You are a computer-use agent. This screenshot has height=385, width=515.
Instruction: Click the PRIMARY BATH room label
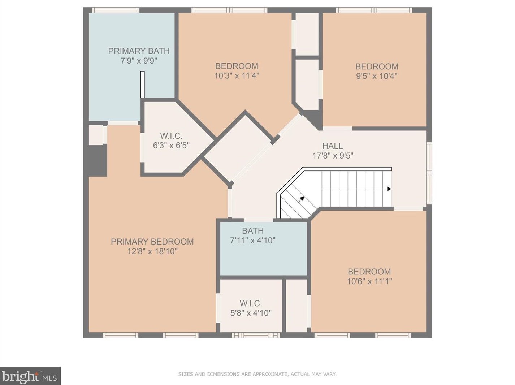139,51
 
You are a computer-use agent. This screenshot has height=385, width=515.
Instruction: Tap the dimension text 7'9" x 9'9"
139,61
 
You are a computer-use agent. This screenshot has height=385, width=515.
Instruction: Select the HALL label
333,146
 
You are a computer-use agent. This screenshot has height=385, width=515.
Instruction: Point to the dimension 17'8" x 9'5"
333,156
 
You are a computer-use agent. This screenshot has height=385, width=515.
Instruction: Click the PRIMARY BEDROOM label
152,242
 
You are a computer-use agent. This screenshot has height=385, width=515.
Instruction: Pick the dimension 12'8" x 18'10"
152,251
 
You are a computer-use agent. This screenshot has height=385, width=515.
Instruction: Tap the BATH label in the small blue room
253,231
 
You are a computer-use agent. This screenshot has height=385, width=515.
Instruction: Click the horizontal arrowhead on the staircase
389,189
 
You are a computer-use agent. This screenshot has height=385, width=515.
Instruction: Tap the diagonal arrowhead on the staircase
302,199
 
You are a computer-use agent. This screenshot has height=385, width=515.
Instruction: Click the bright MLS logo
30,376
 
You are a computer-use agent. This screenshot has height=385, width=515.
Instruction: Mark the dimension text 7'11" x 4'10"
253,241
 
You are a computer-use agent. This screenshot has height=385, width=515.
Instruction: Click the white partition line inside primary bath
142,84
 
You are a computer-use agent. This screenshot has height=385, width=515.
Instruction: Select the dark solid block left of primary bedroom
98,160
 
